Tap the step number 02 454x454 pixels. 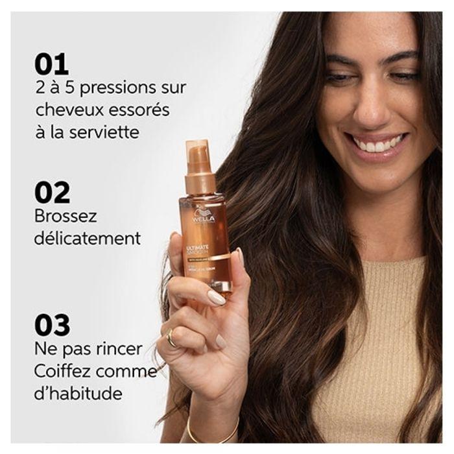[x=53, y=193]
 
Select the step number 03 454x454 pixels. [x=53, y=325]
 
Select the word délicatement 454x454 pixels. [x=88, y=238]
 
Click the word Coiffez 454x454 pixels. [x=64, y=371]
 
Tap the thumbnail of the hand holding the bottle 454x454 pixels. [x=215, y=297]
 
